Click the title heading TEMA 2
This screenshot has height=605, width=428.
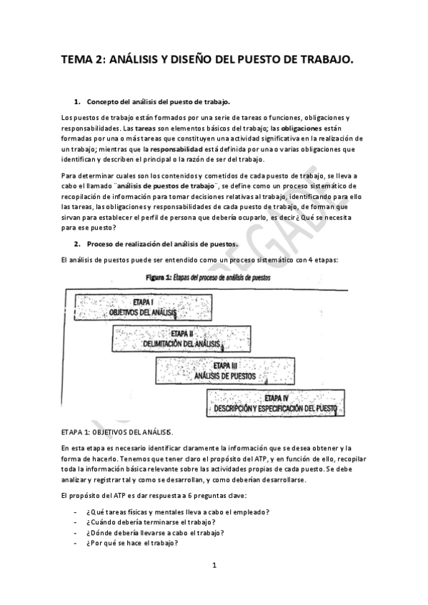(206, 61)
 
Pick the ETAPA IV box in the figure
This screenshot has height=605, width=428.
(276, 403)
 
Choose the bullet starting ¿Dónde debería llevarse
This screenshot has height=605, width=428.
(154, 532)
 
